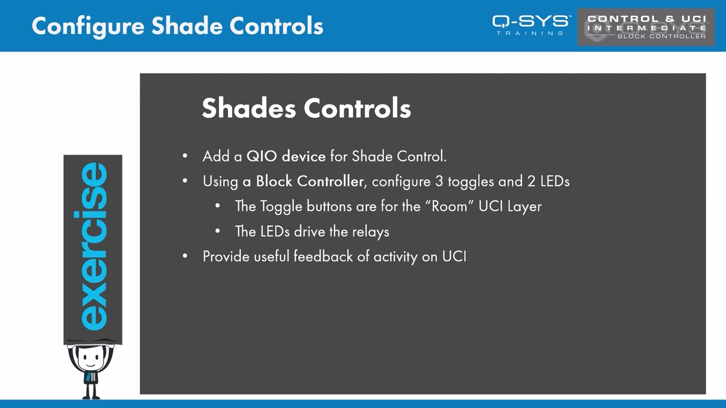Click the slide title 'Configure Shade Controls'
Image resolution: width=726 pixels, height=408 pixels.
178,26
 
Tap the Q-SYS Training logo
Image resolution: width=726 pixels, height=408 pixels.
531,25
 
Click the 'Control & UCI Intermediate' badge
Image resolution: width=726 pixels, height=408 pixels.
646,27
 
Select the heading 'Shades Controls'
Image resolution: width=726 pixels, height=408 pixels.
306,108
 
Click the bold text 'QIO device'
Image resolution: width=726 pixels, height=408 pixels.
286,156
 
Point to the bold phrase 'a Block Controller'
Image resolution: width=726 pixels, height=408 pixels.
303,181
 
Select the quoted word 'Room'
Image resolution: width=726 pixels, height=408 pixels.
453,206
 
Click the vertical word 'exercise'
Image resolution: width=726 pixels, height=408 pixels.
93,246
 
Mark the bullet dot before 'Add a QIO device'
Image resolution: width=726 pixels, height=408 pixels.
185,156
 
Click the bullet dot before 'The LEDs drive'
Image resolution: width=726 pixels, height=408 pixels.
218,231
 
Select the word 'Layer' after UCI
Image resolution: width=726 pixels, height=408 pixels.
525,206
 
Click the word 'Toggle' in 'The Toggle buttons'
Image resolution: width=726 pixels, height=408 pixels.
281,206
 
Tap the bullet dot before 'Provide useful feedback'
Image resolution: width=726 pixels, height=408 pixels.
185,256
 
